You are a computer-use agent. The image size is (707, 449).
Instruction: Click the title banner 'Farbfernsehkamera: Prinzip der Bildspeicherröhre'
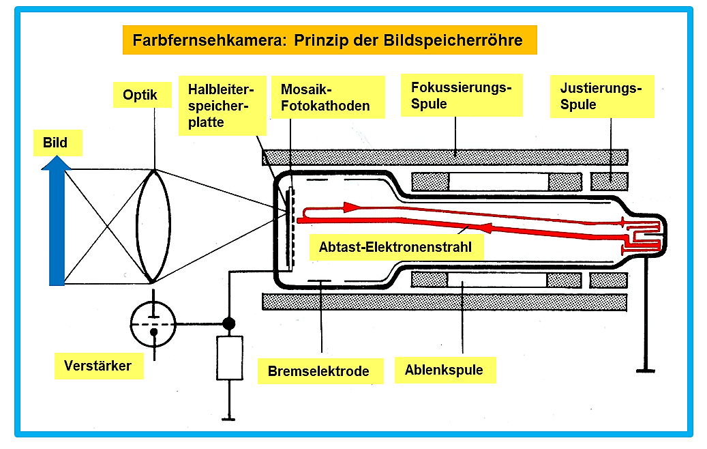[329, 40]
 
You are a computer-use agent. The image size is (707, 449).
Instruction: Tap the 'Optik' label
[142, 95]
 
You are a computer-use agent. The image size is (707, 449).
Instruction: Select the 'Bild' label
[58, 143]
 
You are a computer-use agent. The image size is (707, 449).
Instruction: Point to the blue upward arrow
[57, 220]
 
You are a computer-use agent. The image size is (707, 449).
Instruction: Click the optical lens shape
[153, 226]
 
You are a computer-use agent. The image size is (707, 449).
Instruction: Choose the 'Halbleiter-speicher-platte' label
[222, 106]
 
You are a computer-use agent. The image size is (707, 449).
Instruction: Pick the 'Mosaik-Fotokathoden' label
[328, 98]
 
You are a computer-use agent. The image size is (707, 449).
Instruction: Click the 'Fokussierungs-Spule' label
[462, 96]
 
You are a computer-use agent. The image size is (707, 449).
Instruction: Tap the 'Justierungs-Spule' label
[602, 96]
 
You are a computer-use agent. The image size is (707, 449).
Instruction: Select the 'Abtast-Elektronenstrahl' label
[396, 247]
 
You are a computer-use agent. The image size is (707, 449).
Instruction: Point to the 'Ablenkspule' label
[445, 370]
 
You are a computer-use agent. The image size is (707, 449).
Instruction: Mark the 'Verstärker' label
[99, 366]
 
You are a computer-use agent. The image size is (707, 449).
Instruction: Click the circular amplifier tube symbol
[153, 324]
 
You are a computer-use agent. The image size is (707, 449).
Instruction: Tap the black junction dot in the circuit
[229, 323]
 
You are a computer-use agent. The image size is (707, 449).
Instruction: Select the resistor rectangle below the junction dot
[230, 358]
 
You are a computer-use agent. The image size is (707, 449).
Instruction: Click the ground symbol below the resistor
[229, 419]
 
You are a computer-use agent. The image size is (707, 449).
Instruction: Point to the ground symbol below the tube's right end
[645, 371]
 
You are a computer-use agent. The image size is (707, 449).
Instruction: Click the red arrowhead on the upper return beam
[351, 207]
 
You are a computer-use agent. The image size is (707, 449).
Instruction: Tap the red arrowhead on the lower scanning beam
[483, 228]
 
